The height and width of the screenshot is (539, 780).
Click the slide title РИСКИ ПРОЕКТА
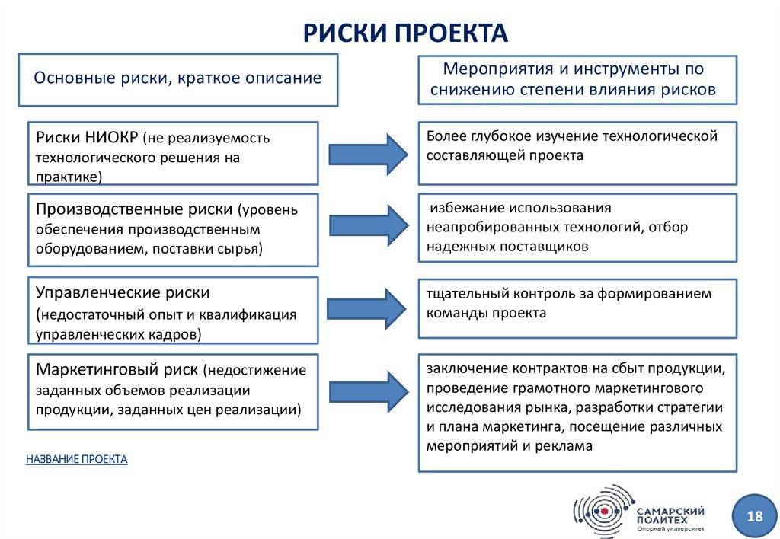tap(405, 32)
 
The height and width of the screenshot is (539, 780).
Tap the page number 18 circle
tap(754, 516)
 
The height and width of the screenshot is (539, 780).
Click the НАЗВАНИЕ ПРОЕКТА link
tap(77, 459)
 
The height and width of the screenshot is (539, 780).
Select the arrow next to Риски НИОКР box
tap(368, 154)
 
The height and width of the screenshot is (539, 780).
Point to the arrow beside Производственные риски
tap(369, 225)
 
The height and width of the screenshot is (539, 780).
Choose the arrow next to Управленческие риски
tap(366, 309)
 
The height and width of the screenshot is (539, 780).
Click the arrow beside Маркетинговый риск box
tap(369, 391)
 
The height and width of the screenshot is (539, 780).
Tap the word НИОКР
tap(111, 137)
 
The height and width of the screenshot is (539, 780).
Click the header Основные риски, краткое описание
tap(177, 78)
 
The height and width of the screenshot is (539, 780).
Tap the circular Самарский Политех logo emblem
tap(604, 511)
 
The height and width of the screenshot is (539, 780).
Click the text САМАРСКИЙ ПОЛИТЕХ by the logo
tap(670, 515)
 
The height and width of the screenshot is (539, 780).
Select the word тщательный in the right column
tap(467, 294)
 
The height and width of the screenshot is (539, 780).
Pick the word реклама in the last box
tap(564, 446)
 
